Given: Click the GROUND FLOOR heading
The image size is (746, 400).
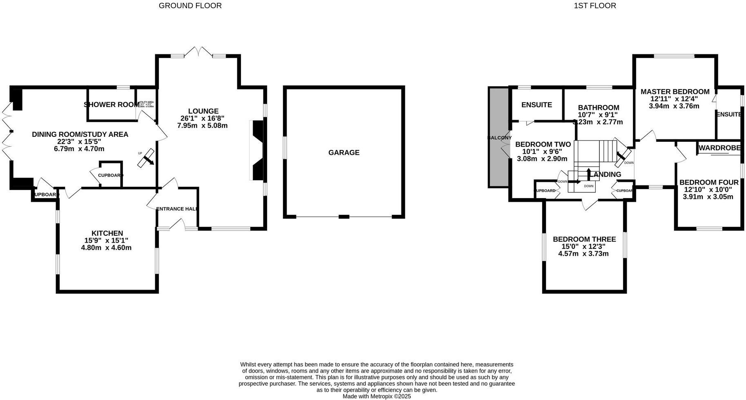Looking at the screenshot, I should coord(190,6).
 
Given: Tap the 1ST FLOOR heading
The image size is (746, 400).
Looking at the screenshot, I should coord(595,6).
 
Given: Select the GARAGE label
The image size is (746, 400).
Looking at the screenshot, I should coord(344,153).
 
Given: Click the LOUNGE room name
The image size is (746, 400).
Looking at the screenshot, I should coord(203,111).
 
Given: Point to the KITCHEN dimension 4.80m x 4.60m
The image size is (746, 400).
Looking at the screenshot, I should coord(107,248).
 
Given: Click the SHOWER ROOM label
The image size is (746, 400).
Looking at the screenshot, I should coord(111,105).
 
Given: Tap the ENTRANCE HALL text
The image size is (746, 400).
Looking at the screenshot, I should coord(177,209).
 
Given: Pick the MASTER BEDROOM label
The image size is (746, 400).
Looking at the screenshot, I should coord(675,92).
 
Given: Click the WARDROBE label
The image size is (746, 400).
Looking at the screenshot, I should coord(719,148).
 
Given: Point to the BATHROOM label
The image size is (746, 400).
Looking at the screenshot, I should coord(598,108).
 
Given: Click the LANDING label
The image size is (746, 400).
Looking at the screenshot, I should coord(606,174).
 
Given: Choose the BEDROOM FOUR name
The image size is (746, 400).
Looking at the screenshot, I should coord(708,183).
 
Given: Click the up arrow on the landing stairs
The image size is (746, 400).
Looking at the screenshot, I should coord(588,173).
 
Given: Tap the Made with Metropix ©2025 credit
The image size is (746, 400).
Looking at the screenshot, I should coord(376,396).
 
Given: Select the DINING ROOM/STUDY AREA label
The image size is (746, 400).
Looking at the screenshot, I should coord(80,134).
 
